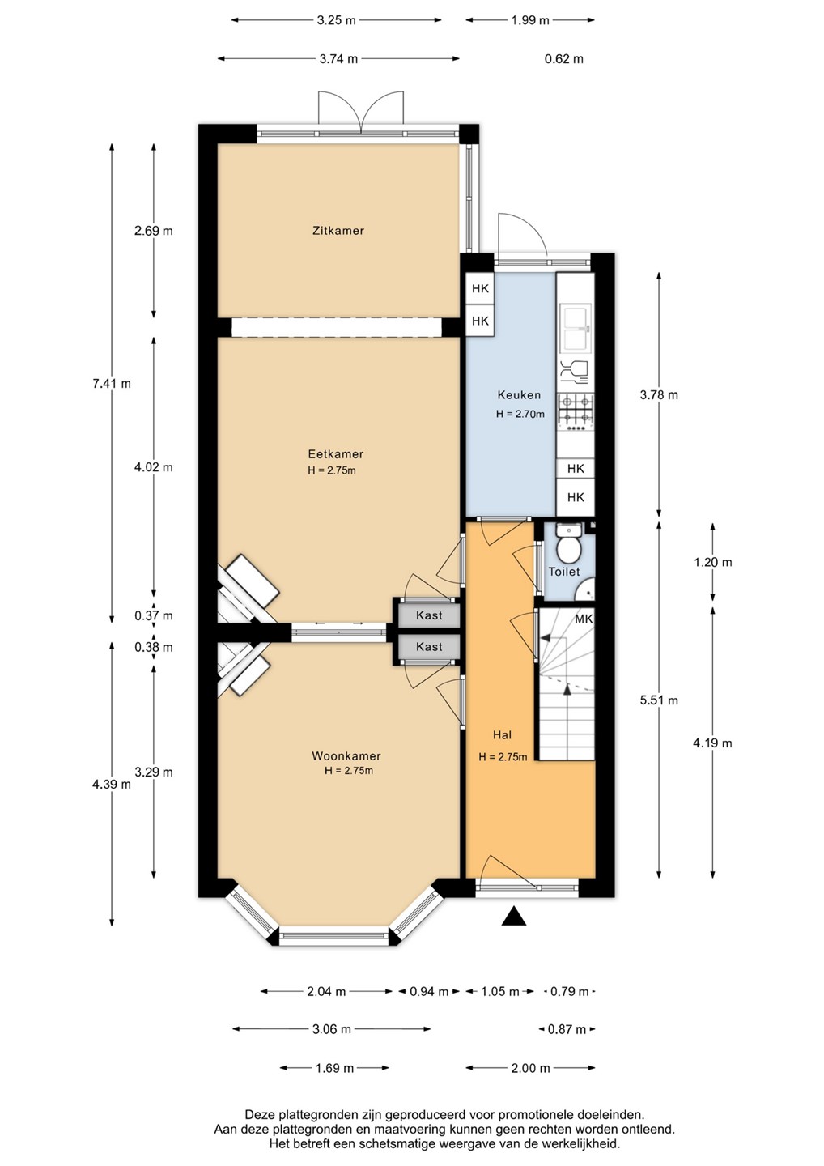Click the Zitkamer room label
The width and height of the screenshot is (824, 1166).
tap(338, 231)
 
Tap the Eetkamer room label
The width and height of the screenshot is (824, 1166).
tap(336, 454)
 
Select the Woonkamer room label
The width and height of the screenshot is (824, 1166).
tap(346, 755)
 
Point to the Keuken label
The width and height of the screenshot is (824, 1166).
tap(519, 395)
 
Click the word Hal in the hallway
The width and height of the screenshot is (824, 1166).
tap(502, 735)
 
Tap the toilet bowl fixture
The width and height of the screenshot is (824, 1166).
tap(567, 549)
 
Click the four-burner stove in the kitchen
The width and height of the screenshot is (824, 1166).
tap(576, 409)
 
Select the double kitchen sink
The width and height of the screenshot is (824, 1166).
tap(576, 329)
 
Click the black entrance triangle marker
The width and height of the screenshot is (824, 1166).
tap(514, 916)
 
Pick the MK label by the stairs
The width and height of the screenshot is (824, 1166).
tap(584, 619)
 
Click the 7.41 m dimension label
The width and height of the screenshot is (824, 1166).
tap(112, 384)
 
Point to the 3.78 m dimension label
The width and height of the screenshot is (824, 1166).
tap(659, 395)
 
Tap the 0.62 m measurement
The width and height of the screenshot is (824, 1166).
tap(564, 59)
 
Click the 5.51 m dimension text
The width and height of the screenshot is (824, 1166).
tap(659, 700)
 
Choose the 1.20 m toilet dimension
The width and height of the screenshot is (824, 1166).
tap(712, 563)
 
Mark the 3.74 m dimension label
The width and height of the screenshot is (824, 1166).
tap(338, 59)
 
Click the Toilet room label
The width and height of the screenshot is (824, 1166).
tap(564, 572)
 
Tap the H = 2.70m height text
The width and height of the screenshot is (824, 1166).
tap(520, 415)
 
